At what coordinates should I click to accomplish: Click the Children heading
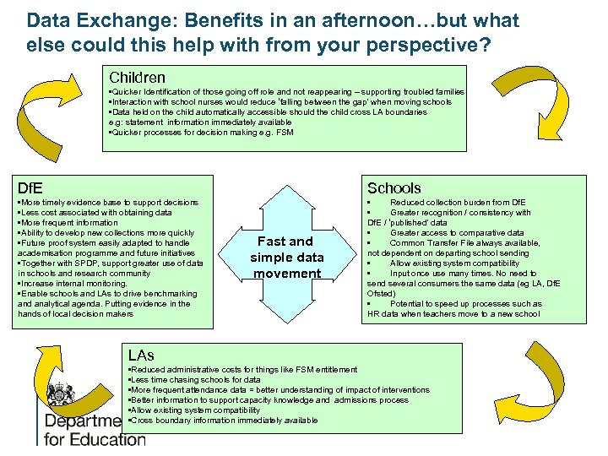coord(136,77)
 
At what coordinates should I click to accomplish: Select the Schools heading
coord(394,187)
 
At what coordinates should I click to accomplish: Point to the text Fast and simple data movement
coord(287,257)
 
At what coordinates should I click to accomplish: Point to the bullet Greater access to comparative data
coord(456,233)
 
